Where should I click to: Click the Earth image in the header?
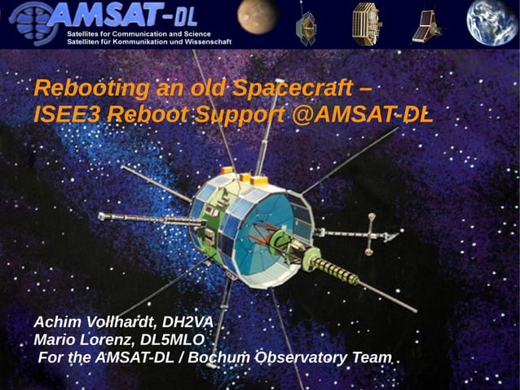(x=491, y=22)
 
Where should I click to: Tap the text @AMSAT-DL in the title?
(x=363, y=115)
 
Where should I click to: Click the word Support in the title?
(x=237, y=115)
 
